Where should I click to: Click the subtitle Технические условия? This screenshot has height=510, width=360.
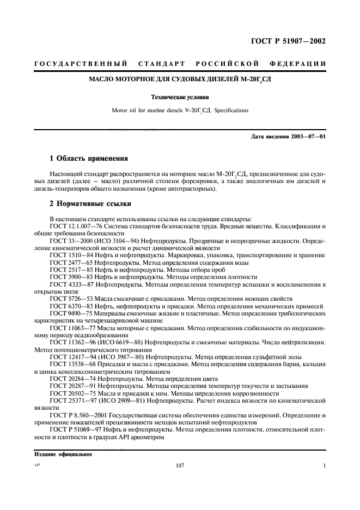pyautogui.click(x=180, y=99)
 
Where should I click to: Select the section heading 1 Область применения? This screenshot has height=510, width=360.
pyautogui.click(x=89, y=159)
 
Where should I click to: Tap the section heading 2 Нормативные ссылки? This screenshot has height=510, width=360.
pyautogui.click(x=90, y=204)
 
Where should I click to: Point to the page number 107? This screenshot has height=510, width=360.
pyautogui.click(x=181, y=466)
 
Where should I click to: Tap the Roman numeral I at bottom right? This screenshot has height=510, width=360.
pyautogui.click(x=324, y=466)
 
